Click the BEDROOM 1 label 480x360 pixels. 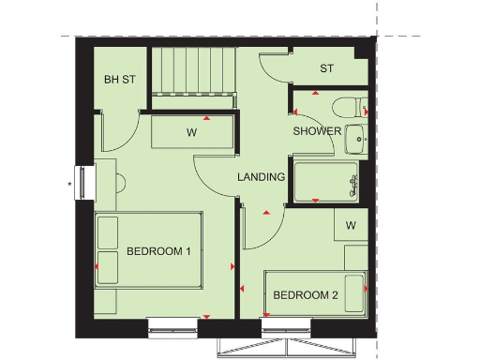point(158,251)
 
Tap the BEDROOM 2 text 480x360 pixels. point(305,295)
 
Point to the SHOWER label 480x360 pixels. point(316,131)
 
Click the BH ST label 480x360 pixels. point(119,80)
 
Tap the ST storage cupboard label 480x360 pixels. point(326,68)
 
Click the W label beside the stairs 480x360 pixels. point(190,133)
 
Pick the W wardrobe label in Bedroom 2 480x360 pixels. point(351,225)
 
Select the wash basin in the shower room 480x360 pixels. point(355,141)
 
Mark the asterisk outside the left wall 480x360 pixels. point(69,185)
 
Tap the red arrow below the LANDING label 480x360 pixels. point(267,214)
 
